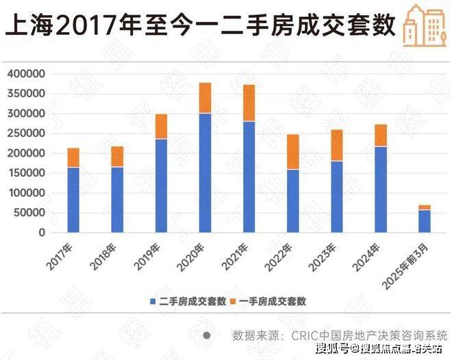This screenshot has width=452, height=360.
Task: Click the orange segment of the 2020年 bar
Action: click(205, 98)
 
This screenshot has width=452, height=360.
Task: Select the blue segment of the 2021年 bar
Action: click(249, 177)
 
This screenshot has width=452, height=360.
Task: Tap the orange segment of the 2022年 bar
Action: click(292, 151)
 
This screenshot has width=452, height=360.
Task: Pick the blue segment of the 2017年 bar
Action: click(73, 199)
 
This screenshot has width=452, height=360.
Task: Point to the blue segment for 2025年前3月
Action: click(425, 220)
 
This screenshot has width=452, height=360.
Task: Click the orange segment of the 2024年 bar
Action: click(381, 135)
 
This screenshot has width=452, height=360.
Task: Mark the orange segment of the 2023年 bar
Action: click(337, 145)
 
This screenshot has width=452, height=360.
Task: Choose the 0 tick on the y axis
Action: click(42, 233)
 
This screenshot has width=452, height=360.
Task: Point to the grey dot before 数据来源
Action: click(207, 335)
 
